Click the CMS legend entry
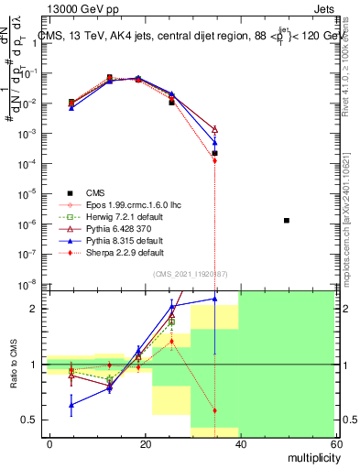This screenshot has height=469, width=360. tap(95, 191)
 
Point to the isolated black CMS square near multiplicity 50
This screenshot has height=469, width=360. tap(287, 221)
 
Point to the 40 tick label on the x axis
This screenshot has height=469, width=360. tap(240, 443)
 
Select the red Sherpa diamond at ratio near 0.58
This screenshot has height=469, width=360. tap(215, 410)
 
